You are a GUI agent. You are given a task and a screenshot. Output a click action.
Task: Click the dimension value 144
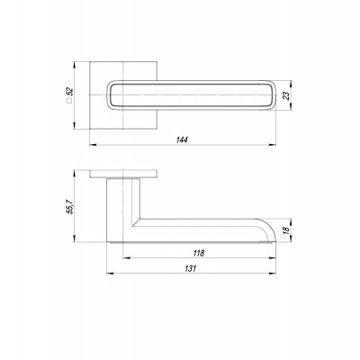pos(182,139)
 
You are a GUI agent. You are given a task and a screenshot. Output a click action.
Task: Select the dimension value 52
pos(69,91)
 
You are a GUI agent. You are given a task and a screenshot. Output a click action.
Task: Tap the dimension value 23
pos(286,95)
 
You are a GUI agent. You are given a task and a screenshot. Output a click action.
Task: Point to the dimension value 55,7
pos(69,206)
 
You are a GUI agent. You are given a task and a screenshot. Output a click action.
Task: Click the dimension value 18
pos(286,230)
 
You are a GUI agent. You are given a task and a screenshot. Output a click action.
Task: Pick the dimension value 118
pos(198,253)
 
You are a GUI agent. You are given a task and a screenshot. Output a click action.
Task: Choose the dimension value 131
pos(190,268)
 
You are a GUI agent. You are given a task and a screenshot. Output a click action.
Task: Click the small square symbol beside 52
pos(69,101)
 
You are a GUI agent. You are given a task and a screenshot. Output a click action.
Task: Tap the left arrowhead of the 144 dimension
pos(93,145)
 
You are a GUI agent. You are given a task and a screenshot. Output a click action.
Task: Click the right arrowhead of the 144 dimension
pos(273,145)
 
